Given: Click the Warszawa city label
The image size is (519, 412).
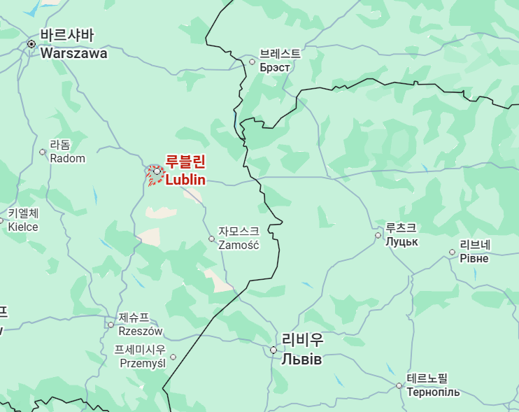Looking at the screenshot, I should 73,45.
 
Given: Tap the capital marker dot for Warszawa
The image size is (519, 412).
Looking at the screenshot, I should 31,44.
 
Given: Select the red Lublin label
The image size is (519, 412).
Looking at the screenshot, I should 185,171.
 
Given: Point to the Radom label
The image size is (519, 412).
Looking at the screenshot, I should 67,152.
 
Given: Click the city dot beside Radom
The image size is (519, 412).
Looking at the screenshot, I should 43,152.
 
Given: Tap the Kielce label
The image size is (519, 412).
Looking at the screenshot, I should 23,220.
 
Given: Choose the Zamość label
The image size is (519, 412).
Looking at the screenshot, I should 239,238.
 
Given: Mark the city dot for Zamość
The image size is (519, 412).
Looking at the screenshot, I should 212,239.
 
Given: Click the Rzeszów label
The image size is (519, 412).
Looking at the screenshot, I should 140,324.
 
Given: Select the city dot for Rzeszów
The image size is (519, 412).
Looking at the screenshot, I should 111,325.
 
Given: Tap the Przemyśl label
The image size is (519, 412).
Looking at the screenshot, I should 143,356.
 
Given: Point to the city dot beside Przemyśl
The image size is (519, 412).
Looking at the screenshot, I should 173,357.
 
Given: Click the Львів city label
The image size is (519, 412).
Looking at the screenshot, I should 302,350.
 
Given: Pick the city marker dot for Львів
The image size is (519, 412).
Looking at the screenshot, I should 273,350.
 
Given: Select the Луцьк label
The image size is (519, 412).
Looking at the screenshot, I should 401,234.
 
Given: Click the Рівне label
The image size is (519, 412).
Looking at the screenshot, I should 474,252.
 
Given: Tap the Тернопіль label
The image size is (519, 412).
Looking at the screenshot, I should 433,385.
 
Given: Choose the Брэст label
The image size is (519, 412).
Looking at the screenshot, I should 280,61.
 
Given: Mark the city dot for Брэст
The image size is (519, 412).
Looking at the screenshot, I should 253,62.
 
